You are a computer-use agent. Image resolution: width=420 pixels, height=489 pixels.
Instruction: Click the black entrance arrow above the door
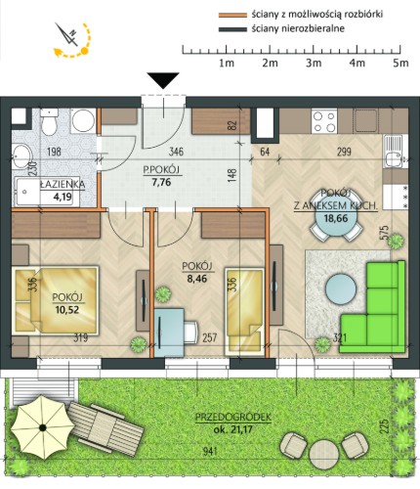click(163, 80)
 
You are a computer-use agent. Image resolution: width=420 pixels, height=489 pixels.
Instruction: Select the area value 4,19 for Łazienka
click(63, 197)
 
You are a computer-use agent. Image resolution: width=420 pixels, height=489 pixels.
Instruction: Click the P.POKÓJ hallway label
click(161, 169)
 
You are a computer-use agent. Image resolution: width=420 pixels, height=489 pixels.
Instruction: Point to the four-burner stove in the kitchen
click(324, 121)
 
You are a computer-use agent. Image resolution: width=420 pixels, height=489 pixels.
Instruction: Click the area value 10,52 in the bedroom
click(67, 309)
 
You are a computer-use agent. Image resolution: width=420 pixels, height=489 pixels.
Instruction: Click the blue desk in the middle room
click(169, 333)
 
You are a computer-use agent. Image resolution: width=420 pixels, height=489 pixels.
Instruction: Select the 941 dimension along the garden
click(210, 451)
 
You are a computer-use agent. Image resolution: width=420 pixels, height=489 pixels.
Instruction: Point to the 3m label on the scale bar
click(314, 63)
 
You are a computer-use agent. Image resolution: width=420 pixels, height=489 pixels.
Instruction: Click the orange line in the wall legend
click(232, 15)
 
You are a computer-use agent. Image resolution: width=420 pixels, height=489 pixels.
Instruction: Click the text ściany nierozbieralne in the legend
click(298, 29)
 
